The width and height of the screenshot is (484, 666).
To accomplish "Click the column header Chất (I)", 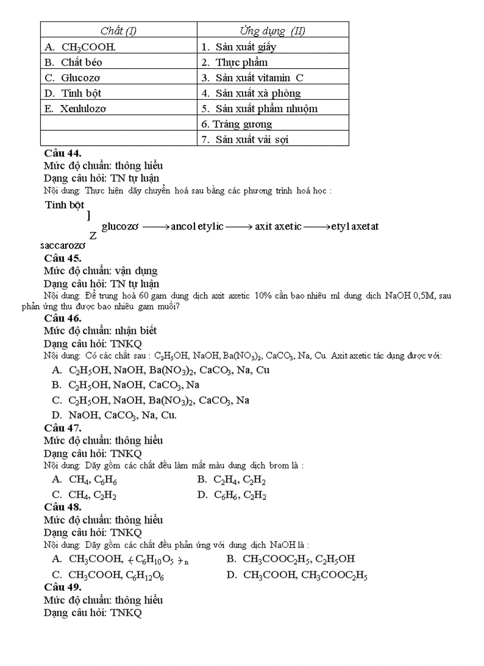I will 118,31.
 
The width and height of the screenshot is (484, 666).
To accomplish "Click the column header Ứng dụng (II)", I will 272,31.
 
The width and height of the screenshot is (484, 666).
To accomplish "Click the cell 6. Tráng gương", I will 237,124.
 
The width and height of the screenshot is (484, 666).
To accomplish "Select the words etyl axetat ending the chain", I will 355,227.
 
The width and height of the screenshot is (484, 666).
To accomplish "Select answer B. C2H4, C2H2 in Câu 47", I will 232,480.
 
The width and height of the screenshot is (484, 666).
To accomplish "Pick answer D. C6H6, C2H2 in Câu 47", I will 232,495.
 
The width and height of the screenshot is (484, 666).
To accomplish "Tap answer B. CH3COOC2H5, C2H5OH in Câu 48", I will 291,559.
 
